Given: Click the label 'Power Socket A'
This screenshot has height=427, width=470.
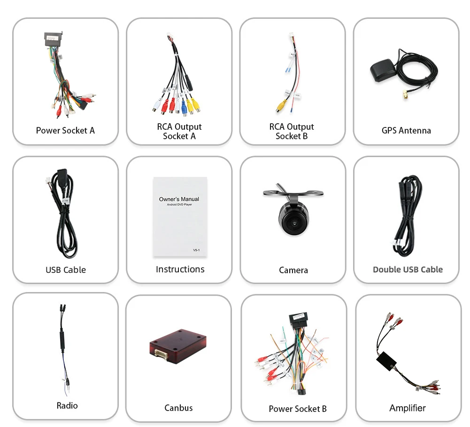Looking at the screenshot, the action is tap(65, 130).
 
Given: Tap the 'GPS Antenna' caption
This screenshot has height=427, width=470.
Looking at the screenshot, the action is tap(406, 130).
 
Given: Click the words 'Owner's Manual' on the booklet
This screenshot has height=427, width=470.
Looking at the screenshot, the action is tap(179, 199).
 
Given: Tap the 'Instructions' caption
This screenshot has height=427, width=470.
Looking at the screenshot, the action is tap(180, 269).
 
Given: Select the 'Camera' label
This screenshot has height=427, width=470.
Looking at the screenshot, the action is tap(293, 270).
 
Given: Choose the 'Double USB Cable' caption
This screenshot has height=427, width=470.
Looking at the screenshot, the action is tap(408, 269).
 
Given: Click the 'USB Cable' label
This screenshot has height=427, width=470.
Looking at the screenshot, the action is tap(66, 269).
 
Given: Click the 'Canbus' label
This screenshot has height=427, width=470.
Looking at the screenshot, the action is tap(178, 408).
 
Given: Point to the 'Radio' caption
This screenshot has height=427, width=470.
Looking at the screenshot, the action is tap(67, 405).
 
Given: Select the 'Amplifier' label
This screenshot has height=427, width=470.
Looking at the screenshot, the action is tap(407, 408).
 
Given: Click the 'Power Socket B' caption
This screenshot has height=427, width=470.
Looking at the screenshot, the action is tap(298, 409).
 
